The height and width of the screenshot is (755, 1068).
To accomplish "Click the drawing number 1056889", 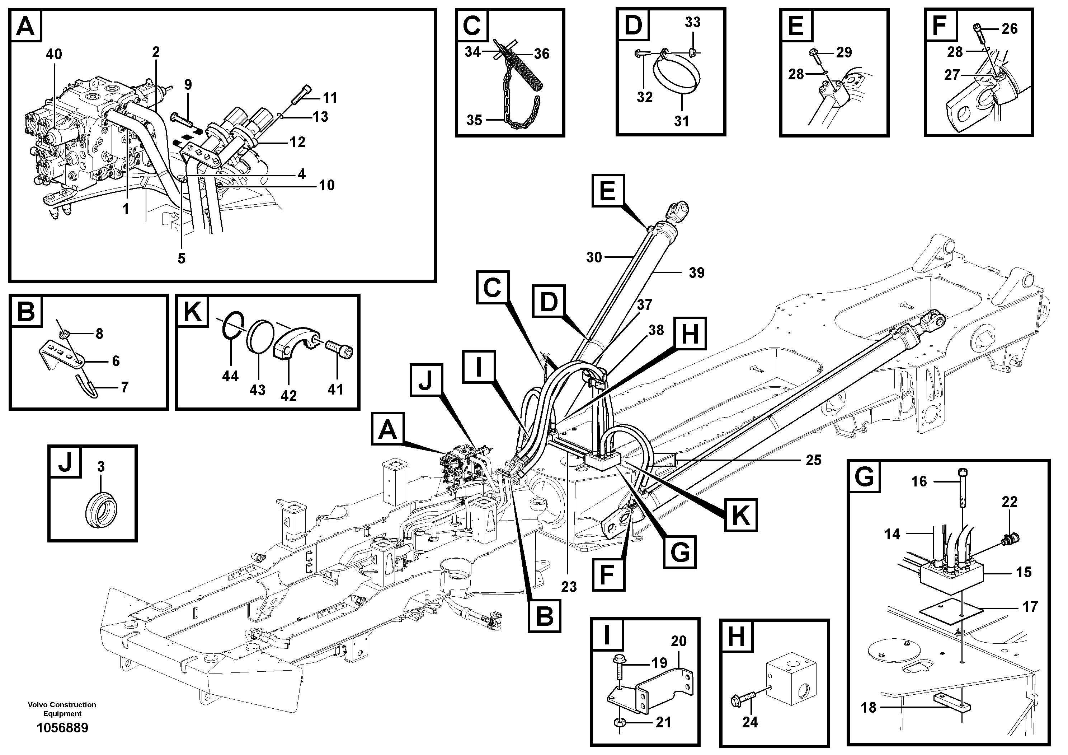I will (x=62, y=728).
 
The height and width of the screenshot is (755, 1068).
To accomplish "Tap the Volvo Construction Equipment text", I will (x=62, y=709).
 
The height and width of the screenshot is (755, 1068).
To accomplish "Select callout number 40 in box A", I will (x=53, y=55).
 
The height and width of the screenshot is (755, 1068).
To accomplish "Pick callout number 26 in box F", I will (x=1010, y=29).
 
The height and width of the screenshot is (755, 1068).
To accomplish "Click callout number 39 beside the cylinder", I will (x=696, y=273).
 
